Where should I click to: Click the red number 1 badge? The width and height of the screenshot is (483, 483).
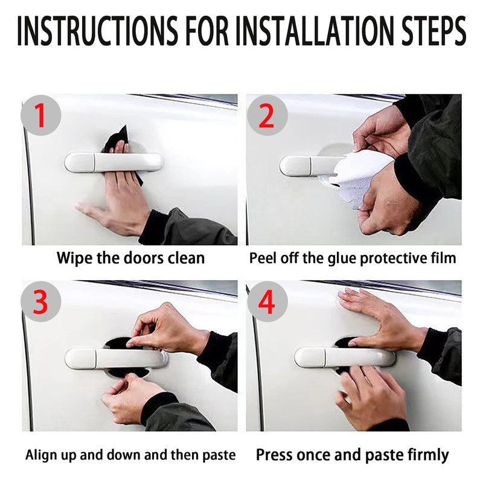[40, 115]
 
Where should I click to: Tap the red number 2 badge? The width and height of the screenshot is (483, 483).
[267, 115]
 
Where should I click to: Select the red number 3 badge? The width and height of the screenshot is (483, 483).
[40, 301]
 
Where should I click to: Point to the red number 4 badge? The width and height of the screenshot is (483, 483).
[267, 301]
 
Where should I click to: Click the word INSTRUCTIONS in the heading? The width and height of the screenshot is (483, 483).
[97, 31]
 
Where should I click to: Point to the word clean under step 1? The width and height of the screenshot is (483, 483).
[186, 258]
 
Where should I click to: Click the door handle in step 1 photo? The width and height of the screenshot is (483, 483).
[114, 162]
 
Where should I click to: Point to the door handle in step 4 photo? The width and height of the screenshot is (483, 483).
[344, 357]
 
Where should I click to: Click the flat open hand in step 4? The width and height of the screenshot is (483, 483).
[382, 321]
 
